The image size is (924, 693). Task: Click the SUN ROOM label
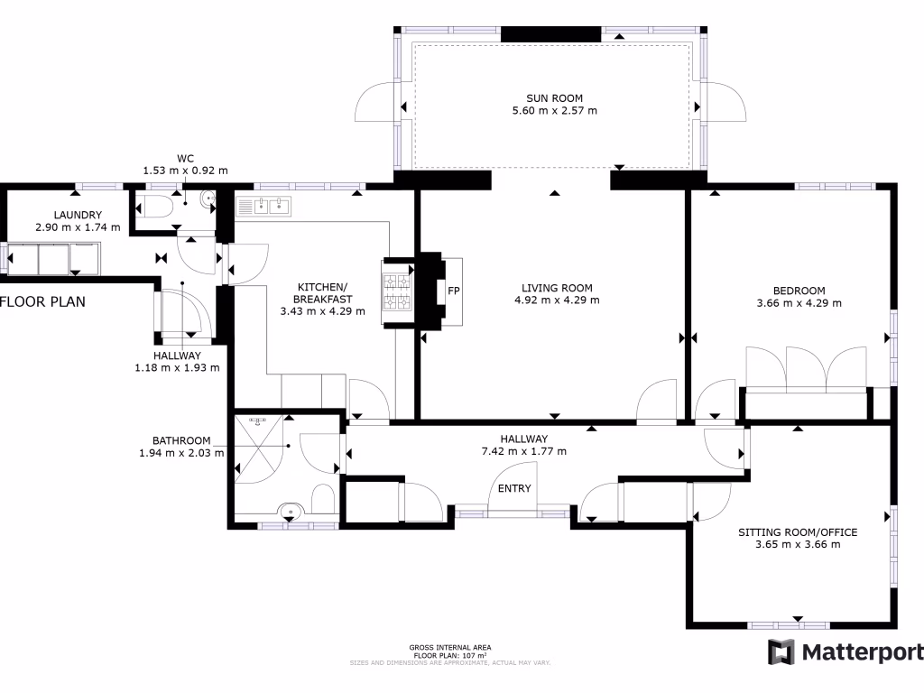pos(554,98)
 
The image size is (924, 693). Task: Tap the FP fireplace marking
pos(454,292)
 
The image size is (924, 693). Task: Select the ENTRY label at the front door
pos(514,488)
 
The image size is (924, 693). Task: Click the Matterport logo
pos(845,652)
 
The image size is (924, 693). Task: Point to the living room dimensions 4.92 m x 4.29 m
pos(557,300)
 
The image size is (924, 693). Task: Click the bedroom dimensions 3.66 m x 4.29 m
pos(799,303)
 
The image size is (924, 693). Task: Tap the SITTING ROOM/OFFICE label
pos(797,532)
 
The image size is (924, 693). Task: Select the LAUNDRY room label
pos(77,215)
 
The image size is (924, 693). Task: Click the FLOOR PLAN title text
pos(42,301)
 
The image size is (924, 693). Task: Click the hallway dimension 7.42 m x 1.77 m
pos(523,451)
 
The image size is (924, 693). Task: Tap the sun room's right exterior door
pos(725,101)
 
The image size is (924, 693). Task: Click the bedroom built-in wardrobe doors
pos(806,367)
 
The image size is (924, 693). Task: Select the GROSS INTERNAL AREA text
pos(449,647)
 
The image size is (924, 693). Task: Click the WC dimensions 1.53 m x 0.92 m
pos(185,170)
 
